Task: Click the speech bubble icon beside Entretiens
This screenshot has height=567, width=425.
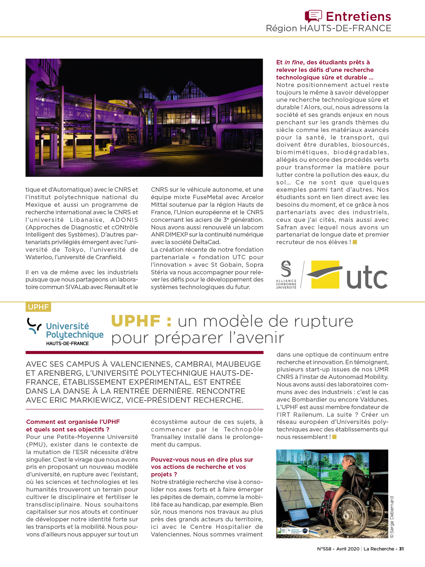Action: [x=313, y=16]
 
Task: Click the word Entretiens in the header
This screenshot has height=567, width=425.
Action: [x=358, y=17]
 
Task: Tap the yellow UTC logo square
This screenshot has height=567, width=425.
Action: [x=325, y=274]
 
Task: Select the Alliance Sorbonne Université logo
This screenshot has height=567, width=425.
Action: [x=286, y=275]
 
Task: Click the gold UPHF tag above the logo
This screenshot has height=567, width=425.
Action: [x=38, y=307]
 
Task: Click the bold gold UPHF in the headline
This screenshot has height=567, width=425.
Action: [x=136, y=321]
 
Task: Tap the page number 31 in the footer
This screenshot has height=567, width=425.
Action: [x=401, y=549]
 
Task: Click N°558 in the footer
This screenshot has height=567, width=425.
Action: [x=324, y=549]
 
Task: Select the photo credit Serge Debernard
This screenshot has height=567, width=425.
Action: [x=392, y=517]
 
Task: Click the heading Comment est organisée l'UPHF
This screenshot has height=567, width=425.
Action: [x=73, y=422]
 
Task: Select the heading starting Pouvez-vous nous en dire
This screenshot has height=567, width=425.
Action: [x=202, y=459]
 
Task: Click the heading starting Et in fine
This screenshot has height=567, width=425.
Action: [x=323, y=63]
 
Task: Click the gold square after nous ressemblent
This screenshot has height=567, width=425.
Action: [x=334, y=437]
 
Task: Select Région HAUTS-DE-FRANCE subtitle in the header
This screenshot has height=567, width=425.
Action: [x=328, y=28]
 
